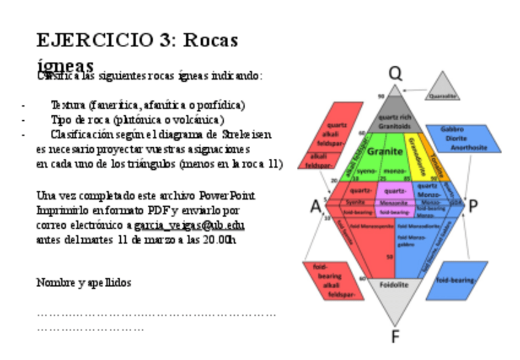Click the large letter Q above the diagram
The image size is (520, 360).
click(396, 74)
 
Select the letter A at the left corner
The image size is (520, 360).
click(315, 207)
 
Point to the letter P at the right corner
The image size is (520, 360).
click(473, 207)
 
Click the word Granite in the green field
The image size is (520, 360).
click(384, 151)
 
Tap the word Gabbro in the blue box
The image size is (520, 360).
click(452, 129)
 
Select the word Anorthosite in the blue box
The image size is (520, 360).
click(468, 148)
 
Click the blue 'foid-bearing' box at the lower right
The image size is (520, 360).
click(456, 280)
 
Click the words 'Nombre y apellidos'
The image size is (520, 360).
click(83, 283)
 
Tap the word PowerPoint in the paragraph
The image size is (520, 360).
click(227, 196)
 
